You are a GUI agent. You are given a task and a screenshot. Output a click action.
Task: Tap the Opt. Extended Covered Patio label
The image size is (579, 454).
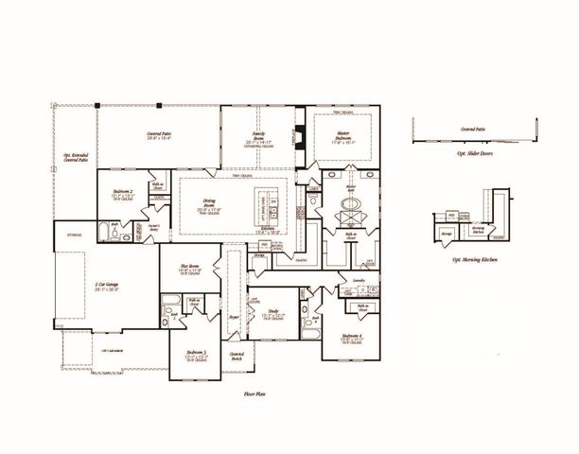[x=75, y=159]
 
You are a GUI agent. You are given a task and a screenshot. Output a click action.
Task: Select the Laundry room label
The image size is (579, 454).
[x=360, y=281]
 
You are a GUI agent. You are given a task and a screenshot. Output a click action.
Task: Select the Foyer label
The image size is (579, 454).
[x=235, y=319]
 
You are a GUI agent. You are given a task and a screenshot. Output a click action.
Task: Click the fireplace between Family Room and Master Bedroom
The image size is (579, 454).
[x=301, y=142]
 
